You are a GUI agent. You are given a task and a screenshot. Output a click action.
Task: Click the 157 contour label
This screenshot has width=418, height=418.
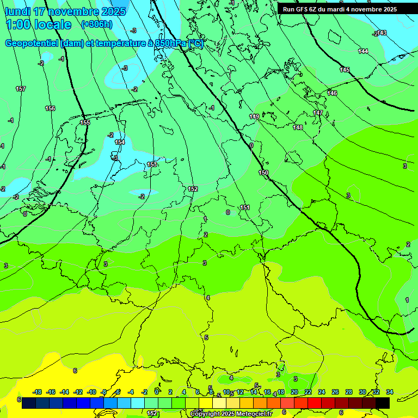[21, 89]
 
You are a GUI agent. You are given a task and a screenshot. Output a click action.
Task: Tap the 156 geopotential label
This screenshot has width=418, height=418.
[50, 108]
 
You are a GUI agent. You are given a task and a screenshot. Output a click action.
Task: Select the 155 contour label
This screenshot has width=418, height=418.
[85, 122]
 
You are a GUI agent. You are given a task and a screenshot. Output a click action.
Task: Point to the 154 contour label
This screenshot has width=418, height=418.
[120, 142]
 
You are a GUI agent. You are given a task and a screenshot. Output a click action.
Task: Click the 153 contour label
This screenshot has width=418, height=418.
[152, 164]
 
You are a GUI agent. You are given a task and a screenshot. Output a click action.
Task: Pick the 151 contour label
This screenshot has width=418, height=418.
[245, 207]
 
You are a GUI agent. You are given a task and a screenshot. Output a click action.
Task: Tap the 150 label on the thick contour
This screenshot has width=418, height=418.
[263, 173]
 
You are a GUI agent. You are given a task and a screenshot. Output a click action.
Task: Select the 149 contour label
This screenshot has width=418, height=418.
[254, 116]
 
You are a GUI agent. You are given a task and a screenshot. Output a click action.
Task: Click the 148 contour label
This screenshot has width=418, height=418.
[298, 127]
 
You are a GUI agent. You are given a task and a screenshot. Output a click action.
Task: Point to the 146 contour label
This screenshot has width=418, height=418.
[332, 93]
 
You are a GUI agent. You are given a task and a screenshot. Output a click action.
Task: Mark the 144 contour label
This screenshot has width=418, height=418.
[363, 51]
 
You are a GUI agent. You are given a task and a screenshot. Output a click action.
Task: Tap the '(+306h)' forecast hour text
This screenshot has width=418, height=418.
[97, 24]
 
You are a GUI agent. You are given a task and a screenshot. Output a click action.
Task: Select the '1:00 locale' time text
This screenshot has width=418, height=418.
[39, 24]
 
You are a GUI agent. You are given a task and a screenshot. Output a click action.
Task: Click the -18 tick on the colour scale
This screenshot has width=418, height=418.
[38, 392]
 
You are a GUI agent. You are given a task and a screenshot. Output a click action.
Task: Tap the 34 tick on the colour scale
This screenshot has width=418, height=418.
[390, 392]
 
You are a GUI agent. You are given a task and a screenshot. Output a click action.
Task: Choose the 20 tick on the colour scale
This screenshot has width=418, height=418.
[294, 392]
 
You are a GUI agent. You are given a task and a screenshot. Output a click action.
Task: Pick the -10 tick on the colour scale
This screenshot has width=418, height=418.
[91, 392]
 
